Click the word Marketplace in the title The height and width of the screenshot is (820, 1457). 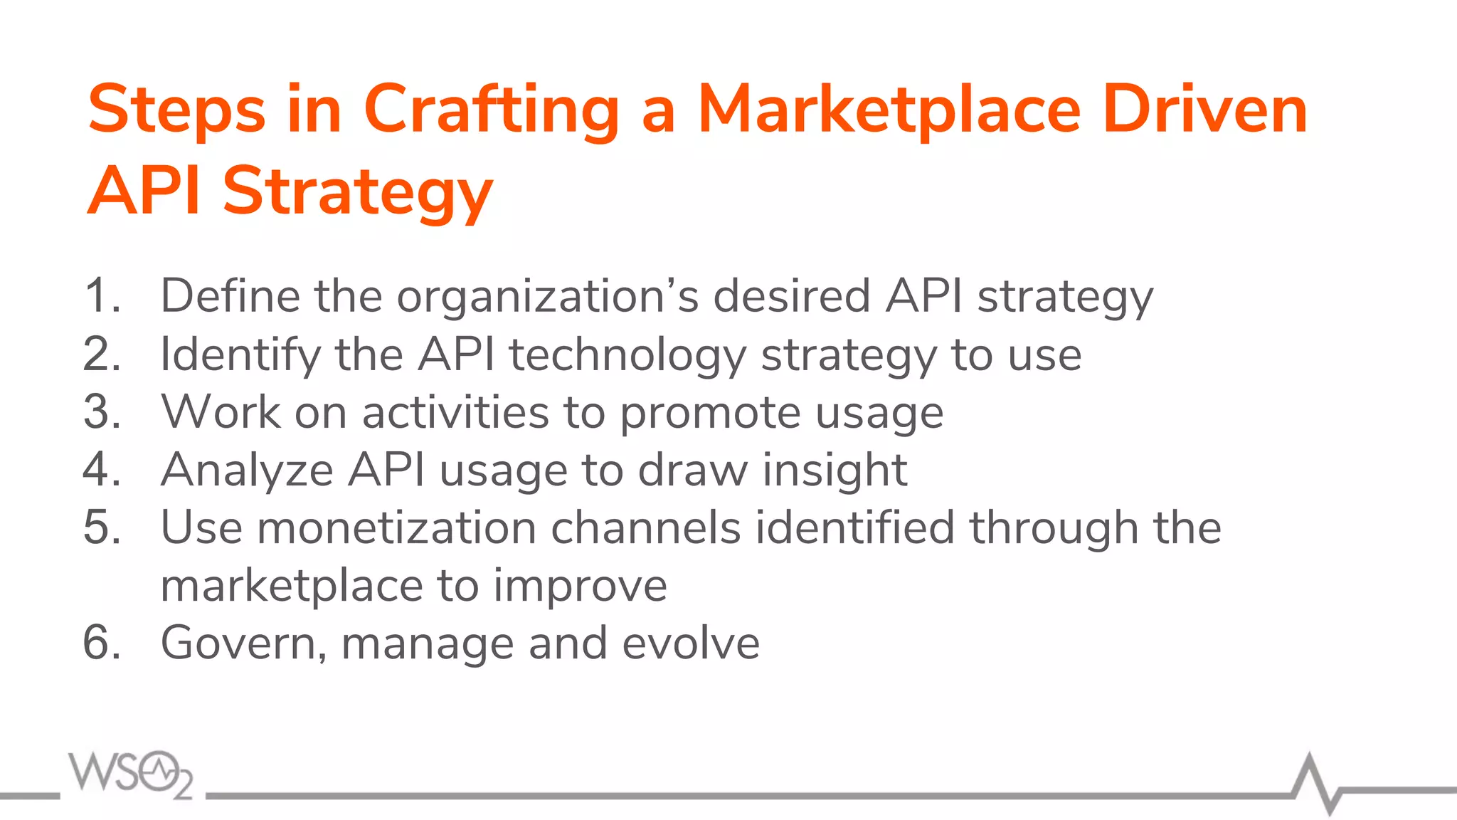(889, 110)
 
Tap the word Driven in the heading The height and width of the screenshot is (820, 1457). (1204, 110)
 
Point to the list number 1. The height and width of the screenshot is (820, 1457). (100, 295)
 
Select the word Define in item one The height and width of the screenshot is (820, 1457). (230, 295)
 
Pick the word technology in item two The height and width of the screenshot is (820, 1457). (627, 355)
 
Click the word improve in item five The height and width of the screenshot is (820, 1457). (580, 587)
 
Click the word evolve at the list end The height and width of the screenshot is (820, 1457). (691, 643)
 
